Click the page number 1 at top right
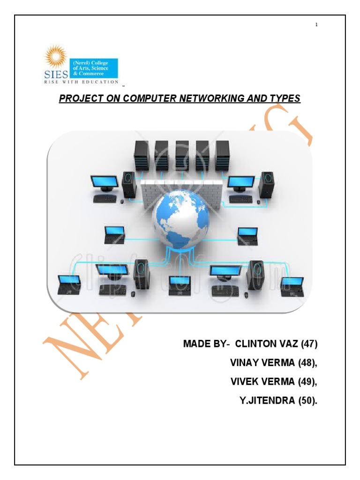[317, 25]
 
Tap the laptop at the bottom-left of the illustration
[68, 285]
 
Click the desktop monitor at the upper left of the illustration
[104, 183]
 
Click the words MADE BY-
[206, 344]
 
